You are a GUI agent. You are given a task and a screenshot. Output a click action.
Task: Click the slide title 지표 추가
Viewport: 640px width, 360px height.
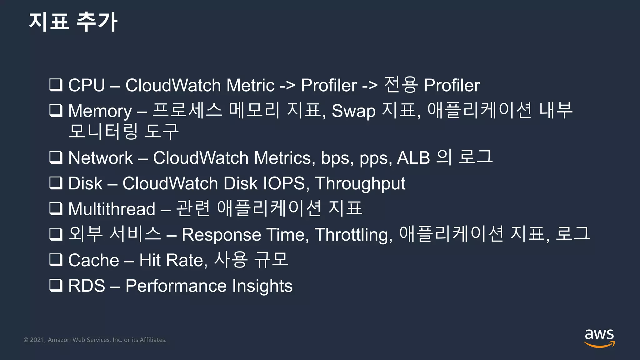tap(73, 22)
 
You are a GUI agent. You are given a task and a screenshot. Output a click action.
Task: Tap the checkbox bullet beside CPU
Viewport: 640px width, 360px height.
tap(56, 85)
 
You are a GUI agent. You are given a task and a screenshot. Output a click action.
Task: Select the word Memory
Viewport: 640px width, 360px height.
tap(100, 111)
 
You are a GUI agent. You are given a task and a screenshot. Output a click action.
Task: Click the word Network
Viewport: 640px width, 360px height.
tap(100, 158)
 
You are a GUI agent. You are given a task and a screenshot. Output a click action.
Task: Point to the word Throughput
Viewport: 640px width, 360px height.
tap(360, 184)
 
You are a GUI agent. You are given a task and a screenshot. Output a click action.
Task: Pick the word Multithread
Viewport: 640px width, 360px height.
tap(112, 209)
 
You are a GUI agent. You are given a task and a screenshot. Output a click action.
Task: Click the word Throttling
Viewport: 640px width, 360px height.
tap(353, 235)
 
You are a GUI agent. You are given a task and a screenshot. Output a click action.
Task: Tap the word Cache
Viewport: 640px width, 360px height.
tap(93, 260)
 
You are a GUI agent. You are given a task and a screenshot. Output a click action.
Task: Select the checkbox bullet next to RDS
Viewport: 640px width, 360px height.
tap(56, 285)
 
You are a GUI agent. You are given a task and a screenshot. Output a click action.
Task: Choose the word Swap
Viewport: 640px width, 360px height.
tap(353, 111)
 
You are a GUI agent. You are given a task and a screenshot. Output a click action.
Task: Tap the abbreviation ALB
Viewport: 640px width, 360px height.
tap(413, 158)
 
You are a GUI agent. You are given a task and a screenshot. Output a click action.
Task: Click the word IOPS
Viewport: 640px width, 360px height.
tap(284, 183)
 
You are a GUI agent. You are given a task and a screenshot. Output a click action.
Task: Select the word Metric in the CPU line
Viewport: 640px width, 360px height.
tap(250, 85)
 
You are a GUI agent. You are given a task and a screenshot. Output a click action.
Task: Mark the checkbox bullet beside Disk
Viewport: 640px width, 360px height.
tap(56, 183)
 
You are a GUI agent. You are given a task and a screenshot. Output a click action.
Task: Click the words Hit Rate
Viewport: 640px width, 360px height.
tap(173, 260)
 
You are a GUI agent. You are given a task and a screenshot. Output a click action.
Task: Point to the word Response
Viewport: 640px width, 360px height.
tap(221, 235)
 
